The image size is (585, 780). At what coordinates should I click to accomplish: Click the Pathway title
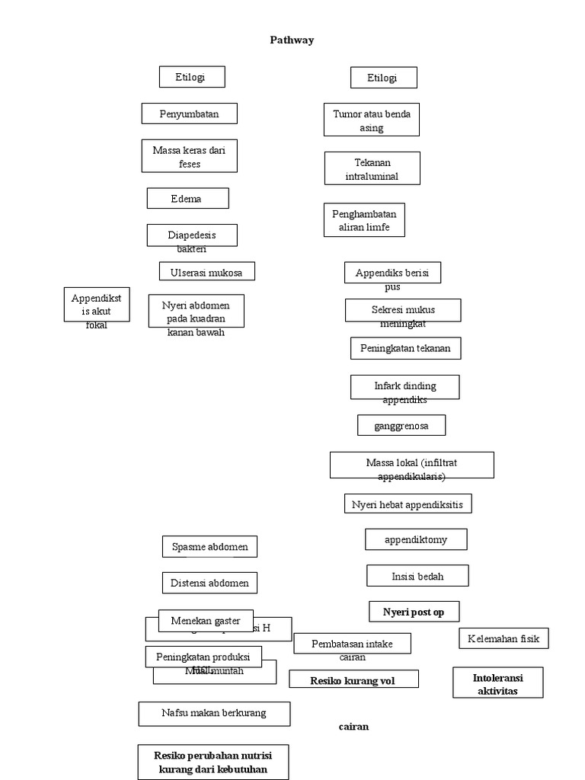point(292,40)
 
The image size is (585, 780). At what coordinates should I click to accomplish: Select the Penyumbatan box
point(189,113)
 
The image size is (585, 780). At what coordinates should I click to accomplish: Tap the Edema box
point(187,198)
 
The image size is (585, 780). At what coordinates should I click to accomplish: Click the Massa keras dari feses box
point(189,156)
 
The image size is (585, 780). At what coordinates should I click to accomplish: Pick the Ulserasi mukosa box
point(206,271)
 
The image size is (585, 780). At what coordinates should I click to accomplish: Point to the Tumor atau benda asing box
point(371,120)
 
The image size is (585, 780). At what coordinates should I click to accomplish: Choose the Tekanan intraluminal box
point(372,168)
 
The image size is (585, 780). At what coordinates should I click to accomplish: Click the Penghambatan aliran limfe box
point(364,220)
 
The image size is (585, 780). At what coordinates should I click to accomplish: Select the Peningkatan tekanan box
point(405,349)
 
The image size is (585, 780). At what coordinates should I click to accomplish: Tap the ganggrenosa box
point(401,425)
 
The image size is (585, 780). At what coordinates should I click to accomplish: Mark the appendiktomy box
point(415,539)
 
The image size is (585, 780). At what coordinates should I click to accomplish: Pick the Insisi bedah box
point(417,576)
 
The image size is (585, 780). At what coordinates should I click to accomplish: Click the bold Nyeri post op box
point(414,611)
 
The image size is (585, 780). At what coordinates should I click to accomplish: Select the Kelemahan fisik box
point(503,638)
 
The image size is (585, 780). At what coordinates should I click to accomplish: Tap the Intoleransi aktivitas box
point(497,682)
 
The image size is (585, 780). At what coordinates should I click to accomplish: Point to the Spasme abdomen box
point(209,546)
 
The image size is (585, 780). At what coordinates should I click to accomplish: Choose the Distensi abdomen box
point(209,583)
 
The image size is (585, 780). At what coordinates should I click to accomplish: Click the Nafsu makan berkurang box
point(214,714)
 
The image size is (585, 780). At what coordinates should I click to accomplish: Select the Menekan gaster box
point(205,620)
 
